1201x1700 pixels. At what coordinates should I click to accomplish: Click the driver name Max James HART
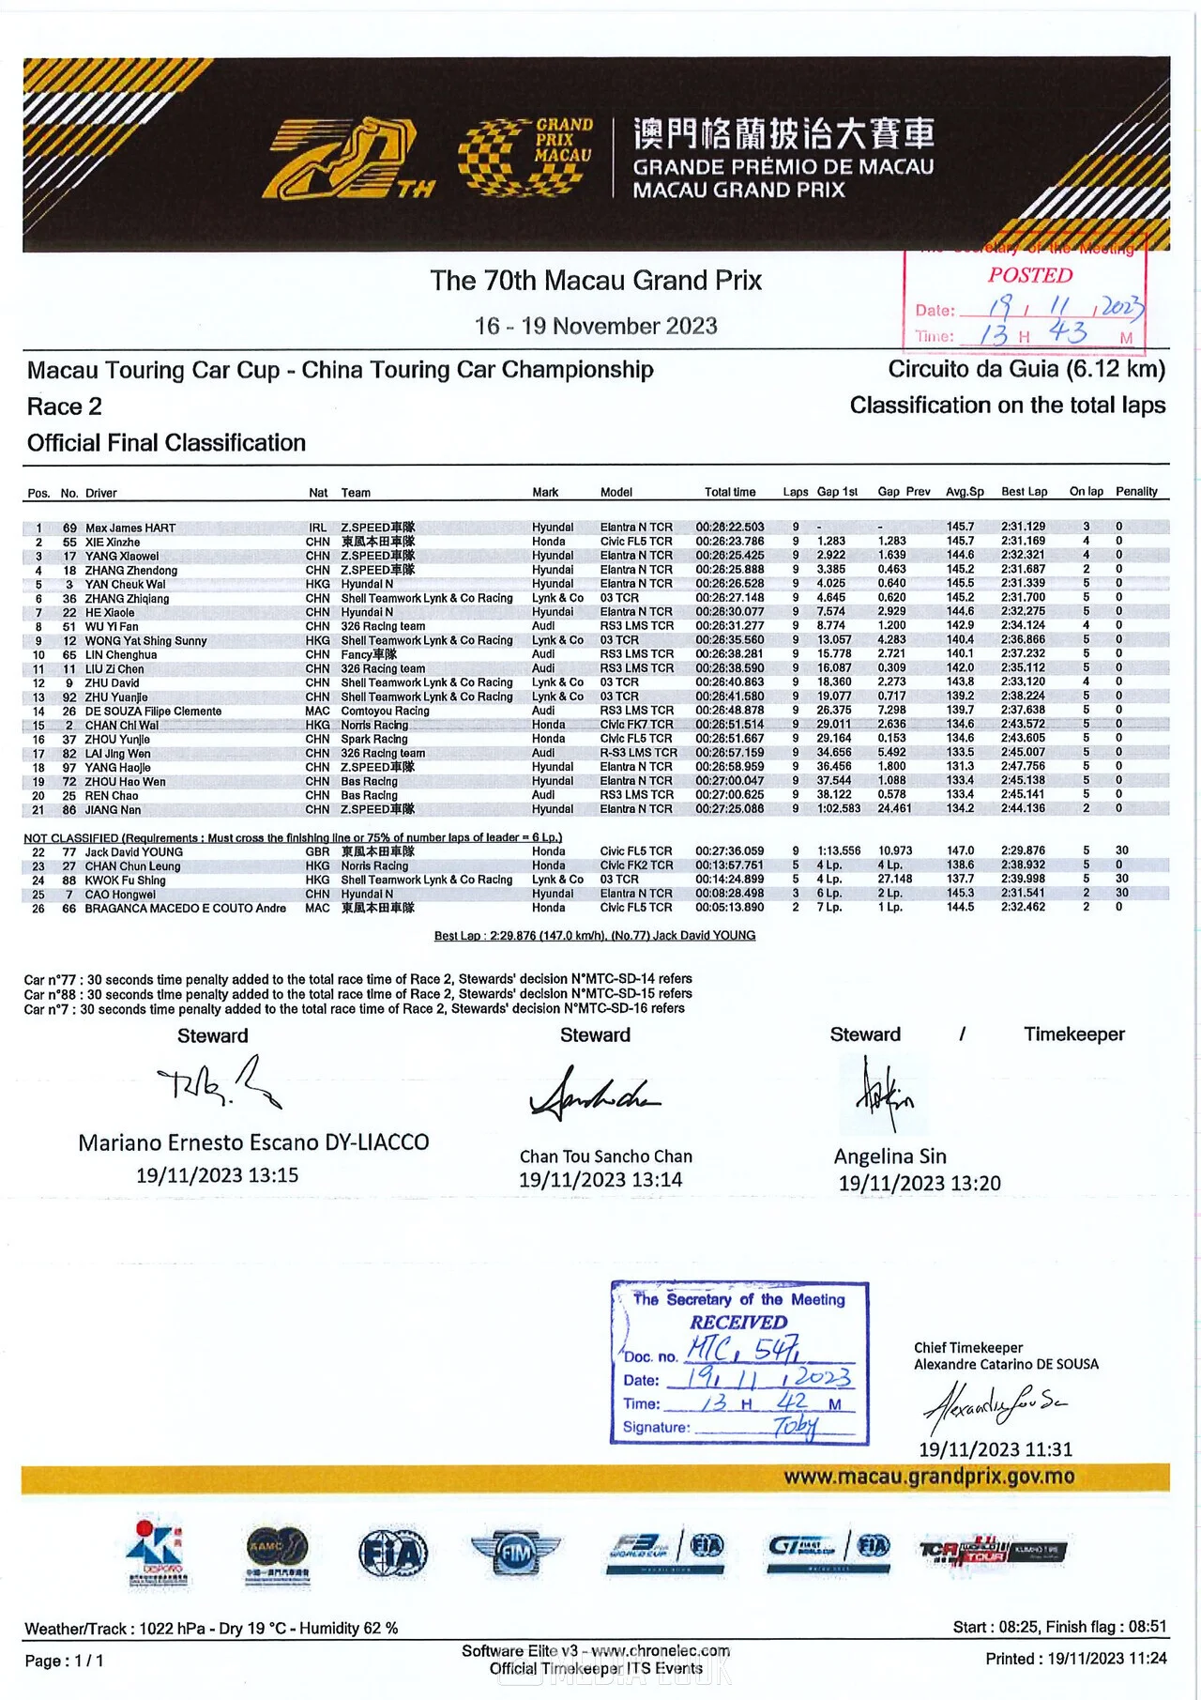click(x=130, y=528)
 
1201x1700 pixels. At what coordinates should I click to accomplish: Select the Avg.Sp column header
click(x=965, y=492)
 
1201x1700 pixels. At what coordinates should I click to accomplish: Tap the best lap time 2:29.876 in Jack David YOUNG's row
click(x=1023, y=850)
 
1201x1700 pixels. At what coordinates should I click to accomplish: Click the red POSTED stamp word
click(x=1029, y=275)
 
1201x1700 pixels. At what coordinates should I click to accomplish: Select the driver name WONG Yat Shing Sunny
click(x=145, y=640)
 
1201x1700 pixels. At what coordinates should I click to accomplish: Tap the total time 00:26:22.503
click(x=729, y=528)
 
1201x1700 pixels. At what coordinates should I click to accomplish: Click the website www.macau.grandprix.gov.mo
click(x=929, y=1477)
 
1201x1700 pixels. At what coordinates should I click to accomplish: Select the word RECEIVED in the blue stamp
click(x=738, y=1322)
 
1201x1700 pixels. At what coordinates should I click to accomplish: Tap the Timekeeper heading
click(x=1073, y=1034)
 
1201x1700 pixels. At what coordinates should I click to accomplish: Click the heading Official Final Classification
click(x=166, y=443)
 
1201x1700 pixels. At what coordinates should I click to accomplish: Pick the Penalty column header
click(x=1136, y=492)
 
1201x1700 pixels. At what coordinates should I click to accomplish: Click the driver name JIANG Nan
click(x=113, y=809)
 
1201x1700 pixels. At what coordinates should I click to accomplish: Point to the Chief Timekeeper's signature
click(x=994, y=1406)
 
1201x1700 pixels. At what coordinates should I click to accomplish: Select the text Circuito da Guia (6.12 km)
click(x=1026, y=369)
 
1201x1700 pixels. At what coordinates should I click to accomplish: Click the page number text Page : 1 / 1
click(x=64, y=1661)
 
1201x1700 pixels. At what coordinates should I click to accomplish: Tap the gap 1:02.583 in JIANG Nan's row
click(x=838, y=808)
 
